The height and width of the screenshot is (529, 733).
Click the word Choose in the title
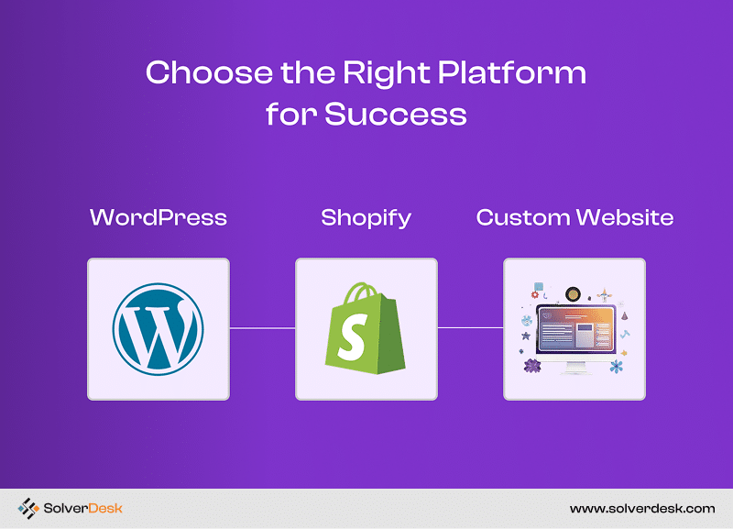tap(209, 72)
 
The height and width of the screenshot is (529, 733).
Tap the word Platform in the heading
tap(511, 73)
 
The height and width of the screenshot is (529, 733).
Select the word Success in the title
tap(396, 114)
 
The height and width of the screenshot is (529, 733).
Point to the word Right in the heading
tap(386, 74)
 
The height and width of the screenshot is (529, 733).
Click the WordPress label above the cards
tap(159, 217)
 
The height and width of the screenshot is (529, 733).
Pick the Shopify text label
tap(366, 218)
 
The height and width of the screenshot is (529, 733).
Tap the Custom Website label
tap(574, 217)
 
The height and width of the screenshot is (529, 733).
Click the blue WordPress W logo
tap(158, 329)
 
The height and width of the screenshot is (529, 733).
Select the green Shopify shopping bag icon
tap(366, 328)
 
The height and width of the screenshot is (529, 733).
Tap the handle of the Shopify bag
tap(361, 292)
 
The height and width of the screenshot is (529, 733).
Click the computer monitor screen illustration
tap(575, 328)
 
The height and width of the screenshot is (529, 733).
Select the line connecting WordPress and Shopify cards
tap(262, 328)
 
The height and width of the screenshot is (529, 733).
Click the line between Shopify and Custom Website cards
tap(470, 328)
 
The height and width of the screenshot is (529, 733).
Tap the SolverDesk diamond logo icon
tap(28, 509)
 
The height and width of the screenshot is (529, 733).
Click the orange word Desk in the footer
tap(105, 509)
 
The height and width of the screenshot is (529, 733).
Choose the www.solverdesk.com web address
tap(642, 509)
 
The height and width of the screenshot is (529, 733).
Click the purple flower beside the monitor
tap(532, 365)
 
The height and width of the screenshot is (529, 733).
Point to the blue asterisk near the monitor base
tap(617, 366)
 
